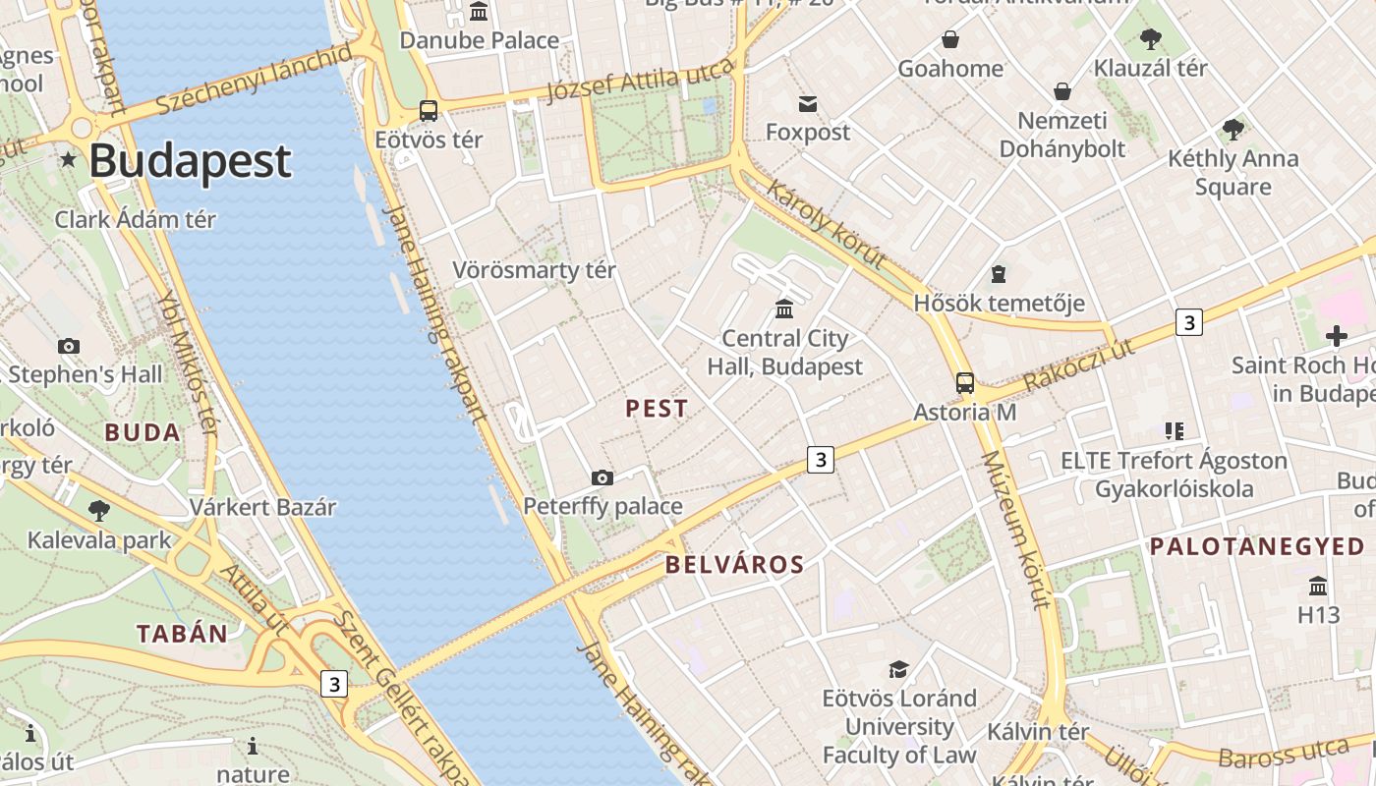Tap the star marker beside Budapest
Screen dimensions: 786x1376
click(x=68, y=159)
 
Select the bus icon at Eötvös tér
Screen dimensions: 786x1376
click(x=429, y=110)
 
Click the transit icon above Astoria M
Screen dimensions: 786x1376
click(x=965, y=383)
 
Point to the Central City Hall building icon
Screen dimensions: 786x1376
click(x=784, y=309)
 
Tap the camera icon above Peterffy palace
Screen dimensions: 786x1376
click(x=602, y=478)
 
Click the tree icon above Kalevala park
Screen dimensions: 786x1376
click(x=98, y=510)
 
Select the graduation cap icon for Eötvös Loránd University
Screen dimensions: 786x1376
click(x=898, y=669)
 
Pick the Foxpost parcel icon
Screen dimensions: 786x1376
click(x=808, y=103)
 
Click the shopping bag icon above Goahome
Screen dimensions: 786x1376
click(x=950, y=39)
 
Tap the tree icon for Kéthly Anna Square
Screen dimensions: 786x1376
click(x=1233, y=129)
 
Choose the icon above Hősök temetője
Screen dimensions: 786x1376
click(x=999, y=274)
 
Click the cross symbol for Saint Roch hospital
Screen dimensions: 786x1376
click(x=1336, y=336)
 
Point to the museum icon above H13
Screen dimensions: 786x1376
click(x=1318, y=587)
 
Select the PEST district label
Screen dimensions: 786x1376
click(x=657, y=409)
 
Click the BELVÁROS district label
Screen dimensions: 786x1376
click(x=734, y=565)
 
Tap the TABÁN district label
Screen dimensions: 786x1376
click(x=182, y=634)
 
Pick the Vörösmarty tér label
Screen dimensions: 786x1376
click(x=534, y=270)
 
